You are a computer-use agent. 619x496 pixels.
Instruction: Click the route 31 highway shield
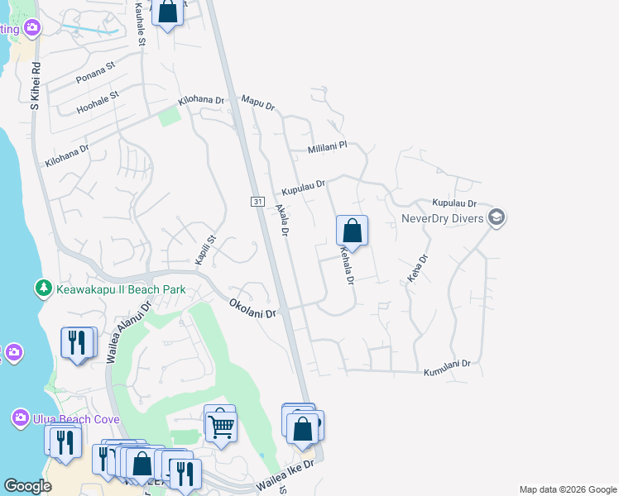click(257, 202)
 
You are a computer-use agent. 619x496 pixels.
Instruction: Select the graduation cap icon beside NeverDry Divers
click(497, 218)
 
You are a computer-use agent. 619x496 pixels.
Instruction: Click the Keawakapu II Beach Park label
click(120, 290)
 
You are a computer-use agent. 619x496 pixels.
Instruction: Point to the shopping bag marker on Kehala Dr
click(352, 231)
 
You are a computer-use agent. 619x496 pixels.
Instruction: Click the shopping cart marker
click(220, 425)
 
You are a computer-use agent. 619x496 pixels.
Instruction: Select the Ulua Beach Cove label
click(76, 419)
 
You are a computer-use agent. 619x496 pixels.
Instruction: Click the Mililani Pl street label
click(326, 147)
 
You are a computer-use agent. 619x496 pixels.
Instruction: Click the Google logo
click(27, 486)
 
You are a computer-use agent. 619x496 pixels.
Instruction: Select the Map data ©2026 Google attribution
click(567, 489)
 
